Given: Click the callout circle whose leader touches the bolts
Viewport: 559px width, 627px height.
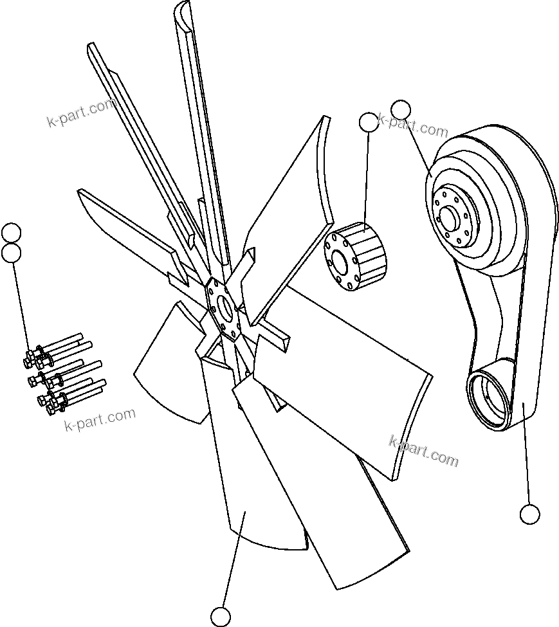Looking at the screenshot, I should coord(12,253).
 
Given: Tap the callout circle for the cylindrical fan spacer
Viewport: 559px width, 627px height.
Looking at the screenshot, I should coord(369,122).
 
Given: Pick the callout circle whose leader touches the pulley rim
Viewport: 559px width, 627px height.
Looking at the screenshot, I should coord(400,110).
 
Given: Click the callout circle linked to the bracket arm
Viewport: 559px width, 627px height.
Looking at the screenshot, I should coord(529,514).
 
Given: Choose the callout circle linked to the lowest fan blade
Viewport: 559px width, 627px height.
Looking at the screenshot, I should coord(221,616).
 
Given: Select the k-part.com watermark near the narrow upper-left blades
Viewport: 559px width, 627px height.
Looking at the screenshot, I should coord(82,113).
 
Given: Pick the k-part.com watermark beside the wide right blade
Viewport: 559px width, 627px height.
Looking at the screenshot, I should coord(424,451).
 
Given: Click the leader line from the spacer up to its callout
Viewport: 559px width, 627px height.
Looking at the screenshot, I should coord(367,180).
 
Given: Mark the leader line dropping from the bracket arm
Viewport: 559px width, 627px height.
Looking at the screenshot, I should coord(527,457).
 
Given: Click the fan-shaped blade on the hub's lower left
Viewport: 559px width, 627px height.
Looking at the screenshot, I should coord(170,367).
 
